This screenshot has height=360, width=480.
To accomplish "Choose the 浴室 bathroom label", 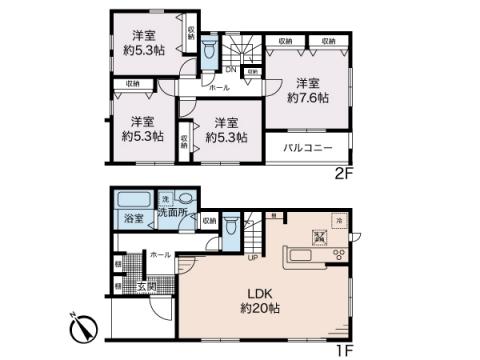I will (132, 217).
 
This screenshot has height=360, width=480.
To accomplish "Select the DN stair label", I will (229, 70).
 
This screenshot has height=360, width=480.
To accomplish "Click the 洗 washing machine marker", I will (166, 197).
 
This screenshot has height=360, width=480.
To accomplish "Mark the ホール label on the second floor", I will (219, 87).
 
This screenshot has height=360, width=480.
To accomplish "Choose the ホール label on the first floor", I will (160, 255).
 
